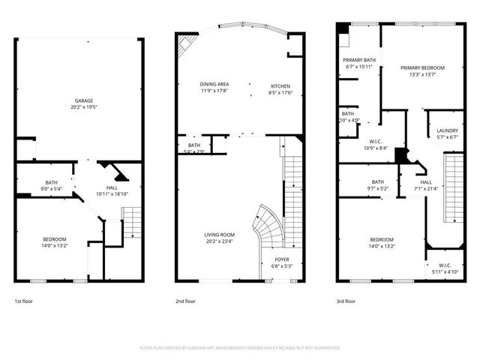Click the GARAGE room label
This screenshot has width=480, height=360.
click(83, 100)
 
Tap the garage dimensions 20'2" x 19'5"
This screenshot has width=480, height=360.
click(83, 106)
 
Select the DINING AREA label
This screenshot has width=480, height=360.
click(214, 84)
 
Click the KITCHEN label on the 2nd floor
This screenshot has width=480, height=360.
click(280, 86)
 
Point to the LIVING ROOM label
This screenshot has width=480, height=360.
click(220, 235)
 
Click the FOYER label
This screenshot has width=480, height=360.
click(280, 259)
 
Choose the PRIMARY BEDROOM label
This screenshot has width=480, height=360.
click(422, 68)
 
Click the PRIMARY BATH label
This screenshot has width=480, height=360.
click(359, 60)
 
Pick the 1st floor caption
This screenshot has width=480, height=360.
click(22, 301)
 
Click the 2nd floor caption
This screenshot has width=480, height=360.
click(185, 301)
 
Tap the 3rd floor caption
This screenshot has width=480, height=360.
click(346, 301)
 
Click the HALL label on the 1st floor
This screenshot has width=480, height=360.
click(112, 187)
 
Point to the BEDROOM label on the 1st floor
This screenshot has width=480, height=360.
click(54, 238)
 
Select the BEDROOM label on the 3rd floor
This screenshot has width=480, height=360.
click(382, 239)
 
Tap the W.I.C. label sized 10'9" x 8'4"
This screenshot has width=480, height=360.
click(376, 142)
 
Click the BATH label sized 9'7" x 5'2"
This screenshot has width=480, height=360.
click(378, 181)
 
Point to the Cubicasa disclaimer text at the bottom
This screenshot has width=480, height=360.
click(240, 348)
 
